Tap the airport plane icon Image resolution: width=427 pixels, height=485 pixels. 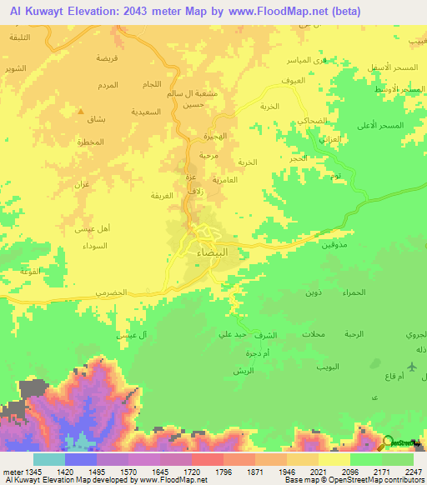point(413,367)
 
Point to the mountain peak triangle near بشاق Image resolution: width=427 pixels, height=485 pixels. point(80,111)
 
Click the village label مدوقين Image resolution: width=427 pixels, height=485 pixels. point(332,246)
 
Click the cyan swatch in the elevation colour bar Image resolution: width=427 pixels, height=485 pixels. point(48,459)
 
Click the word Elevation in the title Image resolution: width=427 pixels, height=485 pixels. point(92,11)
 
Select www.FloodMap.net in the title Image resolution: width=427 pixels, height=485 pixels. point(278,11)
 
